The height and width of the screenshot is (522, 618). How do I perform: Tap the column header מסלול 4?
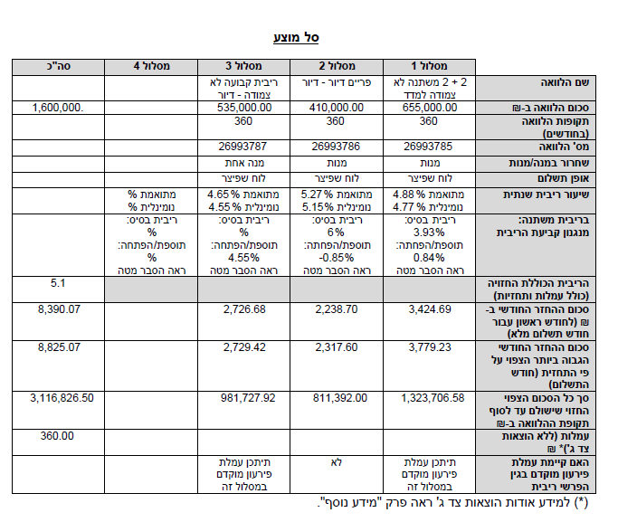point(150,66)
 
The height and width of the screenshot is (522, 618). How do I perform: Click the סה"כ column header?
point(58,66)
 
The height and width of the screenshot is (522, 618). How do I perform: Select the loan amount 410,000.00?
point(335,108)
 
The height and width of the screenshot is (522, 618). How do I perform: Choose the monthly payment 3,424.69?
point(431,309)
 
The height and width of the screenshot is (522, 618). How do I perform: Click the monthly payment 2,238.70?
point(337,309)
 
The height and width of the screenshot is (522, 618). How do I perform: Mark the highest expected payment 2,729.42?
point(244,346)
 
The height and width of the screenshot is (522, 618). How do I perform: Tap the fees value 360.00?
point(58,436)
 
